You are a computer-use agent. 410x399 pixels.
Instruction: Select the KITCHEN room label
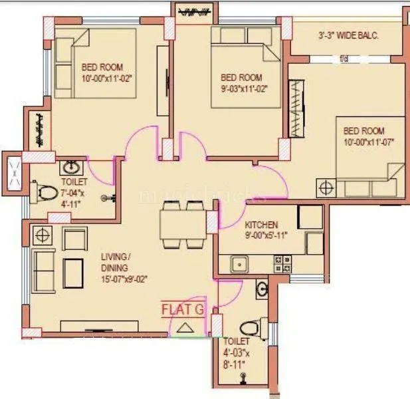[x=261, y=225]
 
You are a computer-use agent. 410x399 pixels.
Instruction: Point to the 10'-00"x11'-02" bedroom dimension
[x=107, y=78]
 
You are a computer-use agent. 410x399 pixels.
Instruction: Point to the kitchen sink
[x=239, y=265]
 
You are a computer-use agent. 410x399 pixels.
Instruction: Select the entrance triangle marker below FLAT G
[x=184, y=327]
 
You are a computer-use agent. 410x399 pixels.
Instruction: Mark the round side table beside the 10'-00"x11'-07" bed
[x=326, y=187]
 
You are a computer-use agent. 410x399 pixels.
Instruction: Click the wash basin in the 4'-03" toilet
[x=262, y=289]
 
